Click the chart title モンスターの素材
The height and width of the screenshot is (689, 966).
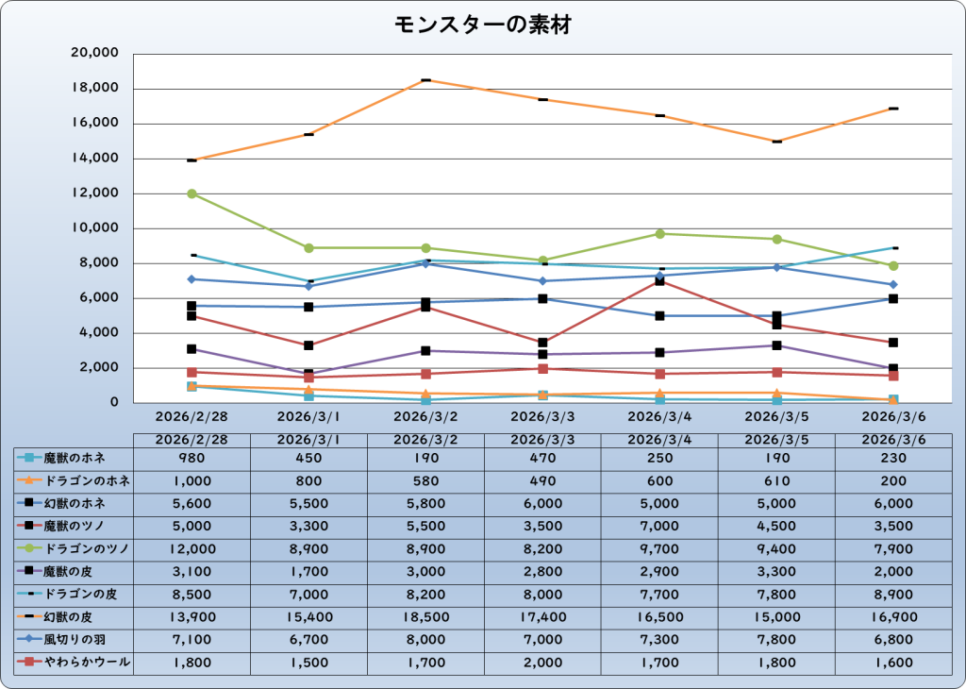482,25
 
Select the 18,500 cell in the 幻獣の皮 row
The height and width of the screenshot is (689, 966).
425,617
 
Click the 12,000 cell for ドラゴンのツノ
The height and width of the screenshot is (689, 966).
192,548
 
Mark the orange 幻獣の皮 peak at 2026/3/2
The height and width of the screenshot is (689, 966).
426,80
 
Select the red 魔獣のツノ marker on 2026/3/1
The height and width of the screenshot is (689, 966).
309,345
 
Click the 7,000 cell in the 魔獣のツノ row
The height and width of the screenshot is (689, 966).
660,526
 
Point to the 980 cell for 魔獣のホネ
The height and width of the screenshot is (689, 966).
192,458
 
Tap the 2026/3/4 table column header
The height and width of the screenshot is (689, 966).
660,439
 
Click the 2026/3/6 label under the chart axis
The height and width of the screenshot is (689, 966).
893,415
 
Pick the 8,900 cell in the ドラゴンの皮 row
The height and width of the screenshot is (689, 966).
893,595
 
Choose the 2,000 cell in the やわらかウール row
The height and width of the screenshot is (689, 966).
543,663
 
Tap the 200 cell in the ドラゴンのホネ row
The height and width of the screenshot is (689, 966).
893,480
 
